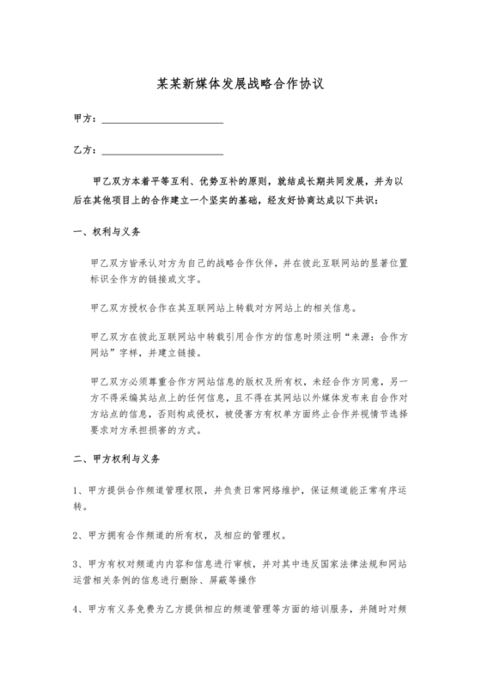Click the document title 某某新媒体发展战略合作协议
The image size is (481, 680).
(x=240, y=86)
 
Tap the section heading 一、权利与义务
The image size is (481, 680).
(x=105, y=232)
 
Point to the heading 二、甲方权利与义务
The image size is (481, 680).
(x=117, y=459)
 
